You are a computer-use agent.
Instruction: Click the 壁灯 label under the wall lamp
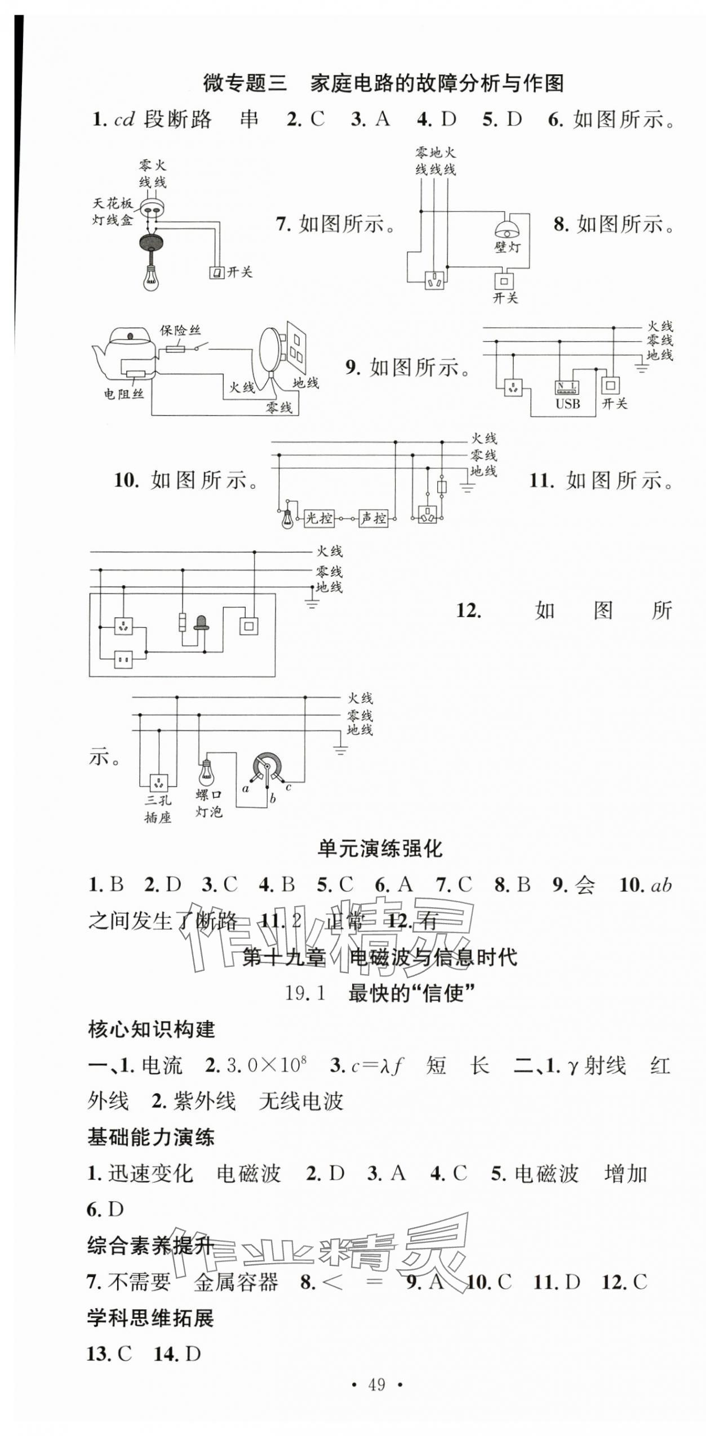click(x=507, y=247)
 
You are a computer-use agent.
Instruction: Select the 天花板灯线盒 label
click(x=113, y=212)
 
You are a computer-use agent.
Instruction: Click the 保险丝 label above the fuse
click(x=180, y=330)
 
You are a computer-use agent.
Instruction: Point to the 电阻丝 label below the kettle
click(x=124, y=394)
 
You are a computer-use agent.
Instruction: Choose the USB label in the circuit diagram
click(x=567, y=404)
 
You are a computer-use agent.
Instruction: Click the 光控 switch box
click(x=319, y=518)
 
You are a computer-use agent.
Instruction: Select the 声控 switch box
click(x=374, y=518)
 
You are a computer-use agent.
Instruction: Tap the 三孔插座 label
click(x=158, y=809)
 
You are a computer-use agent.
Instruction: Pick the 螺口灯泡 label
click(x=209, y=804)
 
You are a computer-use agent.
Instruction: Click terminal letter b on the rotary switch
click(x=273, y=799)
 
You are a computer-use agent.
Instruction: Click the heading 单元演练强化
click(x=380, y=848)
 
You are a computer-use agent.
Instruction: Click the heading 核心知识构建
click(x=151, y=1029)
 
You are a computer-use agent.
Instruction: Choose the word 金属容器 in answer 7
click(x=236, y=1282)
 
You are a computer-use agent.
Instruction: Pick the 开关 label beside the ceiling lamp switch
click(x=239, y=273)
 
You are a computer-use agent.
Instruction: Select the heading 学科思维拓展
click(x=150, y=1318)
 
